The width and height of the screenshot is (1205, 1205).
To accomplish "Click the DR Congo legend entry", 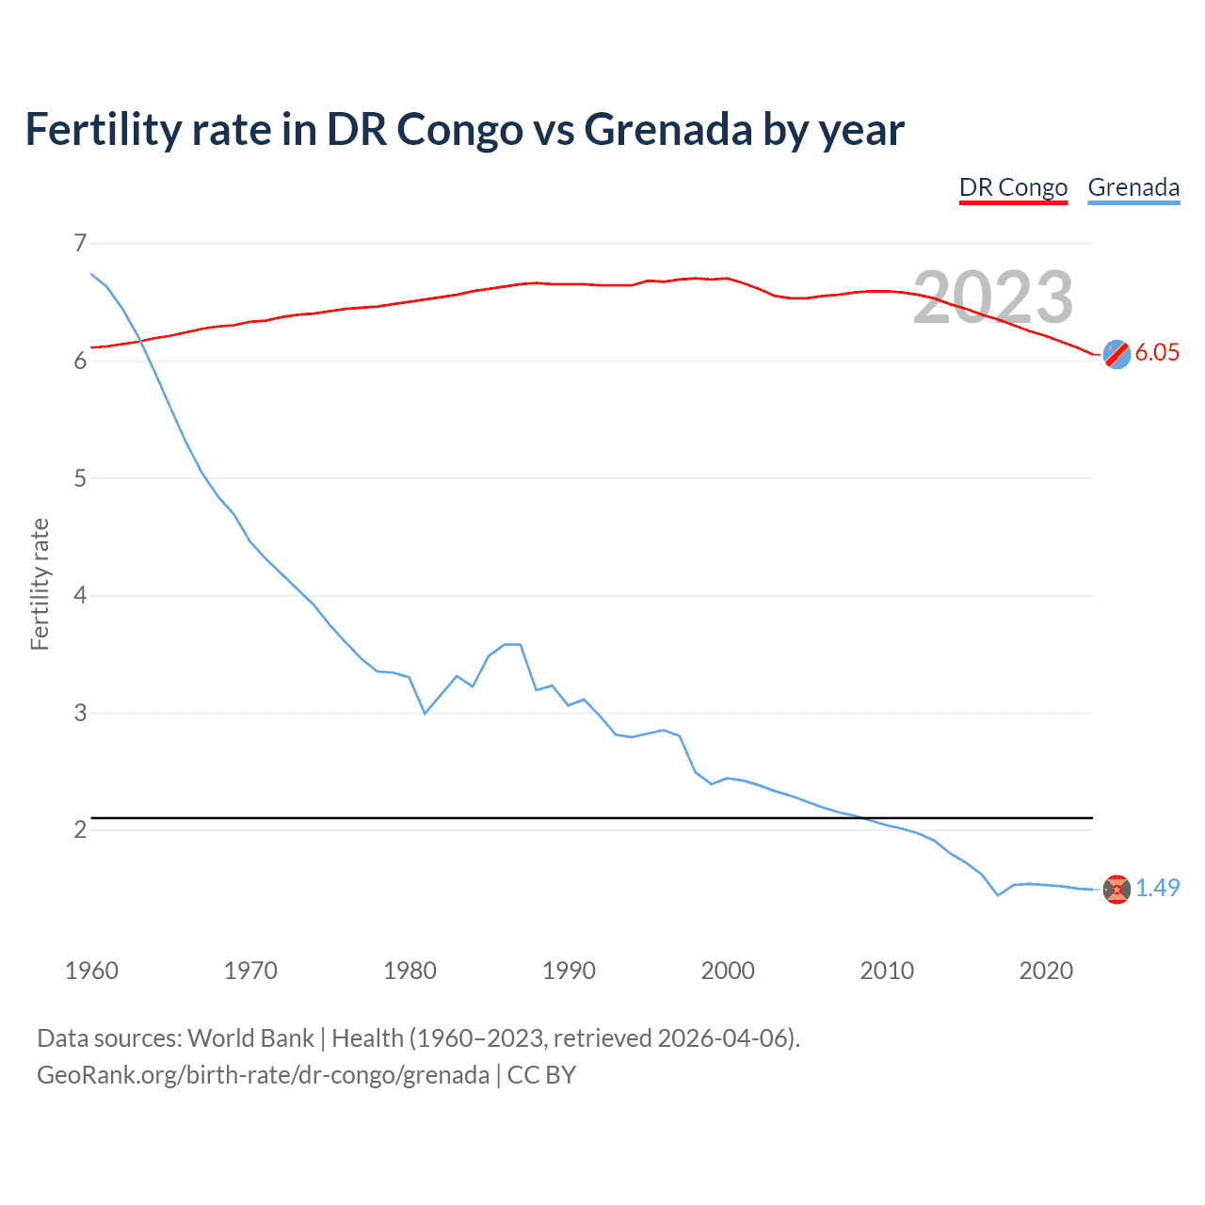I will click(x=1013, y=187).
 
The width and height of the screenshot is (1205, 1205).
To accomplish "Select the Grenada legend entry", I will click(x=1133, y=187).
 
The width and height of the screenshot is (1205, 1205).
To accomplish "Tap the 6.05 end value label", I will click(x=1157, y=353).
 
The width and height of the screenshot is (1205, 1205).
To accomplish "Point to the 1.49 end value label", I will click(x=1157, y=888).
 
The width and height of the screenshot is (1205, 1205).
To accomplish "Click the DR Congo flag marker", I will click(x=1117, y=354).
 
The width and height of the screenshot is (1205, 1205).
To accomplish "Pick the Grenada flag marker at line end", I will click(x=1117, y=889).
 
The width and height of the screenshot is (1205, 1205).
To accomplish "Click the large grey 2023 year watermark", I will click(x=993, y=297).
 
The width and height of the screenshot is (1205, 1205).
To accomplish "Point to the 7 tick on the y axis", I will click(x=80, y=244).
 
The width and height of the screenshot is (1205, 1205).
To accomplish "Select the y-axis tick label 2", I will click(x=80, y=829).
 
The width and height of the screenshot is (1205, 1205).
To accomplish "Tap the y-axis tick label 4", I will click(x=80, y=595).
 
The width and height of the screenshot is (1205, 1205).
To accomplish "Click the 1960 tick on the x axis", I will click(x=91, y=971).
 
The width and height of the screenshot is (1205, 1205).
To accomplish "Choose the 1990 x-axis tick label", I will click(x=569, y=971).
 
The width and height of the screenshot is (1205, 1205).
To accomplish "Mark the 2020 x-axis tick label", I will click(x=1046, y=971).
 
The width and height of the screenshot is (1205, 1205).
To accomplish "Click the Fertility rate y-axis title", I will click(x=40, y=584).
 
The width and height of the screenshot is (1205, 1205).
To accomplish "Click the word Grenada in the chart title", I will click(x=667, y=129).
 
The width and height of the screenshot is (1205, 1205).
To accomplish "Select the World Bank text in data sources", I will click(x=250, y=1038).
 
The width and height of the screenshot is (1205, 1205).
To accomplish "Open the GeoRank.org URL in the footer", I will click(x=263, y=1075).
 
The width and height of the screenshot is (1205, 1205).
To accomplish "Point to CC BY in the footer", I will click(x=541, y=1075).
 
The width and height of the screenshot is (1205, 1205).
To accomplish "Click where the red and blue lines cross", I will click(x=141, y=341).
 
